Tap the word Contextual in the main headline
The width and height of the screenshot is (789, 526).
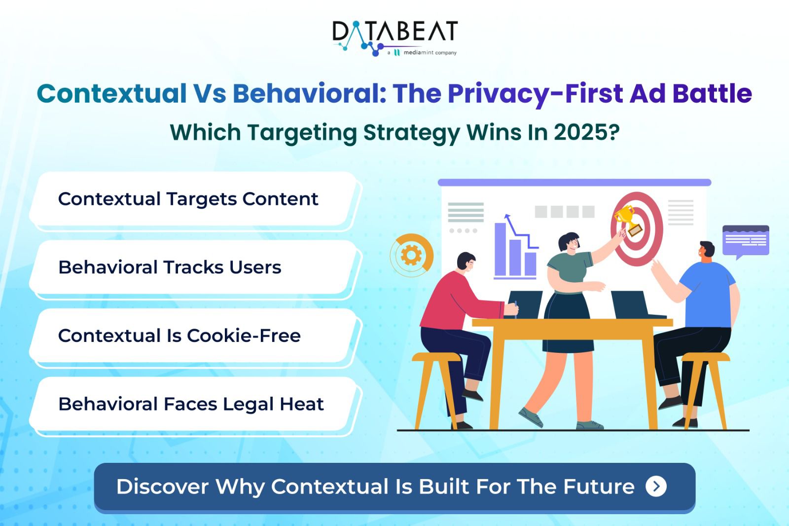click(x=111, y=93)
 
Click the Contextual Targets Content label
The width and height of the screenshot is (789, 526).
click(x=188, y=199)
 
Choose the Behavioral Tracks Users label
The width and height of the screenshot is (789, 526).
click(x=170, y=267)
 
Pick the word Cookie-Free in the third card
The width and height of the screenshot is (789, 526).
click(x=244, y=336)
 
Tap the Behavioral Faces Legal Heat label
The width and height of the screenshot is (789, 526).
click(x=191, y=404)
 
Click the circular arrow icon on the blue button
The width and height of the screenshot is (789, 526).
click(x=656, y=487)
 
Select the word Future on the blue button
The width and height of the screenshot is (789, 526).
click(x=599, y=487)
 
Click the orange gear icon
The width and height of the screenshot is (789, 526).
click(x=411, y=255)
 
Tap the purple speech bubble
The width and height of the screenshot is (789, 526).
click(x=746, y=242)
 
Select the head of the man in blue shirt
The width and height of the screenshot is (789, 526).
click(x=707, y=252)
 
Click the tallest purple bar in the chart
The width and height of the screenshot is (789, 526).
click(x=500, y=249)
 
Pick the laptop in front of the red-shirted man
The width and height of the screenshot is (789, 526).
click(x=524, y=304)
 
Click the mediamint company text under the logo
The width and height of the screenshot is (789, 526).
click(x=426, y=52)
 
